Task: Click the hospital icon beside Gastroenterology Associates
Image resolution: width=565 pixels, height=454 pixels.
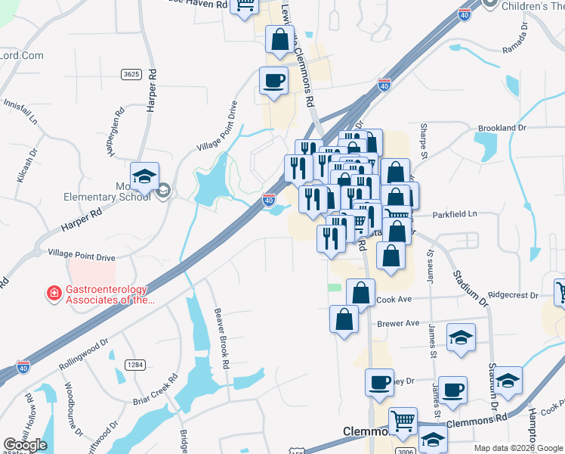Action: pos(54,293)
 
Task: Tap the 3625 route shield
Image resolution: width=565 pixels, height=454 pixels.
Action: pos(131,74)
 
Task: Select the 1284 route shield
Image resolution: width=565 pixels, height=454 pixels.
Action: pos(135,365)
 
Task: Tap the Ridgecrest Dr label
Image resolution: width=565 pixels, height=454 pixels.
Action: pos(513,295)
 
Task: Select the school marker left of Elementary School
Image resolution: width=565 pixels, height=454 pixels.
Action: pos(144,176)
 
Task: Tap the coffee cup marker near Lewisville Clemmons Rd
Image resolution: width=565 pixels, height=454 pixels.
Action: pos(273,79)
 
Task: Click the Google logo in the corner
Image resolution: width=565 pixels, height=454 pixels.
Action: pos(25,445)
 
